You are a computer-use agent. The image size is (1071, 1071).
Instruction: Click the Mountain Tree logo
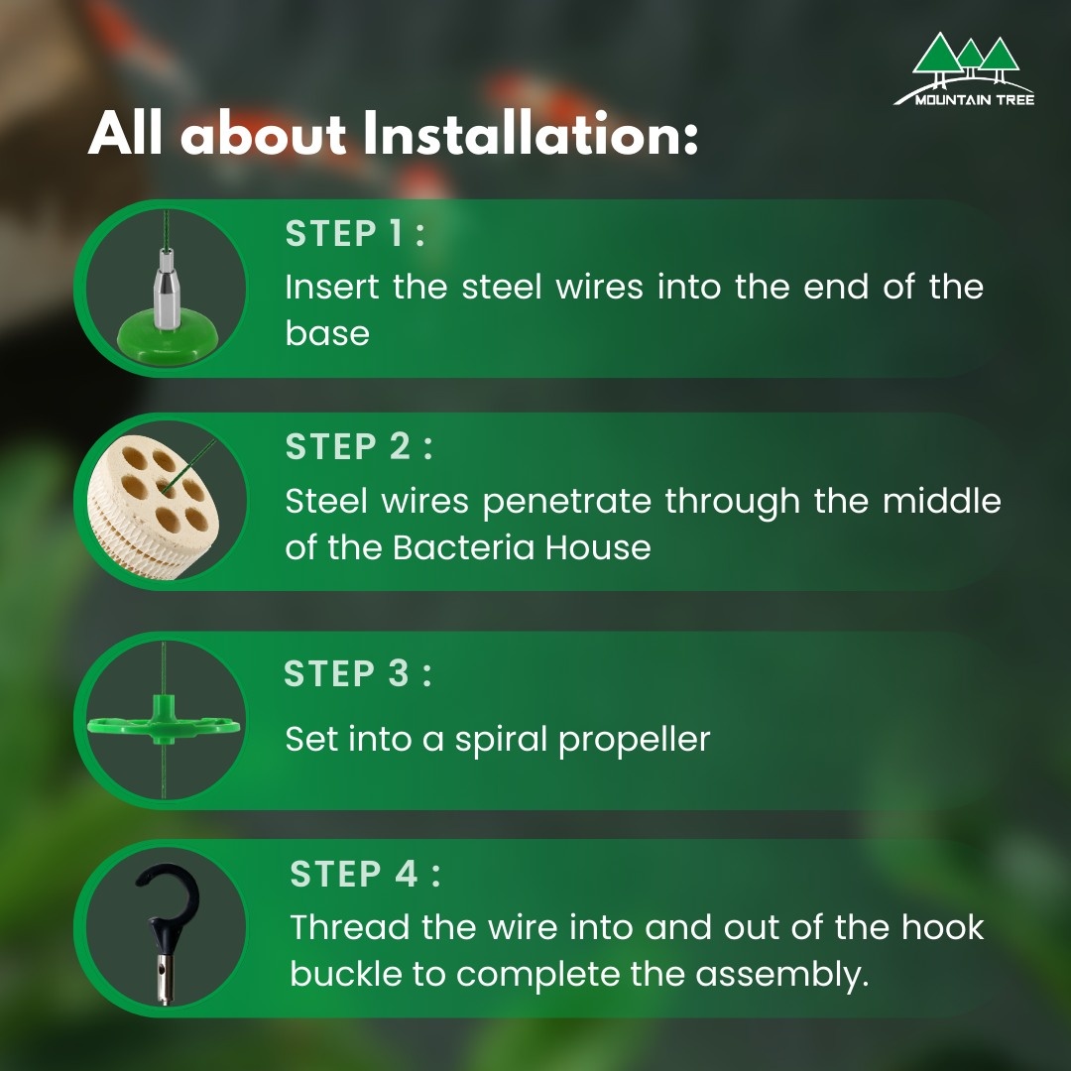964,69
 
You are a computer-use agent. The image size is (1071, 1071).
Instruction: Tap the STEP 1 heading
355,234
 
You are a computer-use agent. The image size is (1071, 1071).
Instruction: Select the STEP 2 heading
359,446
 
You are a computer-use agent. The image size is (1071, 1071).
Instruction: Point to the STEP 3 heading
357,673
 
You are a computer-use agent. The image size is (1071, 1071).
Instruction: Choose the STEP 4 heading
365,874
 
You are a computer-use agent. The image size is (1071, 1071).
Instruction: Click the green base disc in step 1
168,335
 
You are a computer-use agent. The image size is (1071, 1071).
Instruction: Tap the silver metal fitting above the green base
166,289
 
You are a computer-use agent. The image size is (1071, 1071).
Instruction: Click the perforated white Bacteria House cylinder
153,506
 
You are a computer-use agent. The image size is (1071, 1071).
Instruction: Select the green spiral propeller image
164,721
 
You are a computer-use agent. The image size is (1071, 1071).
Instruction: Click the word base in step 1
327,333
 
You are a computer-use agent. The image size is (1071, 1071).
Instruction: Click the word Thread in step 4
349,927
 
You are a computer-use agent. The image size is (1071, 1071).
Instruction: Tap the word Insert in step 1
332,287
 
